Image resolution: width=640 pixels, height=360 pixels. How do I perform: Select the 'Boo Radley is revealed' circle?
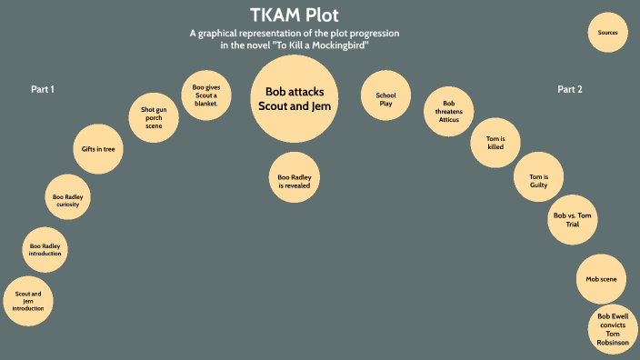click(295, 179)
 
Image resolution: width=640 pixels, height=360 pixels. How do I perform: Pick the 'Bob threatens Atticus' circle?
click(447, 110)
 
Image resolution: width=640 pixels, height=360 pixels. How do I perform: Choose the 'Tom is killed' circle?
click(495, 141)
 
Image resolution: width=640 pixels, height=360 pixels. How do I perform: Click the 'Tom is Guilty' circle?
click(539, 179)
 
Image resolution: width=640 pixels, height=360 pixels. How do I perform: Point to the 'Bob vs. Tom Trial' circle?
click(573, 219)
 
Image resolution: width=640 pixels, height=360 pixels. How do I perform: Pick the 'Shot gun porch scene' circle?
click(154, 118)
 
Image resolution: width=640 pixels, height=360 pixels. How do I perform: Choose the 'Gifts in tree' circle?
click(97, 148)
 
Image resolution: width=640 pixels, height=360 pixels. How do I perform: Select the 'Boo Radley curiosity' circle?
click(69, 199)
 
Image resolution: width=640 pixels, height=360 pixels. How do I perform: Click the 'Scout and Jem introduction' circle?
click(28, 300)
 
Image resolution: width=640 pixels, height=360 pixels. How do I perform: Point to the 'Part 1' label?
click(43, 89)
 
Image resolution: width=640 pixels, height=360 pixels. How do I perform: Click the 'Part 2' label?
click(570, 89)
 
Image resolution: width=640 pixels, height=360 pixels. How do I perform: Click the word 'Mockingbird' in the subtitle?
click(337, 45)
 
